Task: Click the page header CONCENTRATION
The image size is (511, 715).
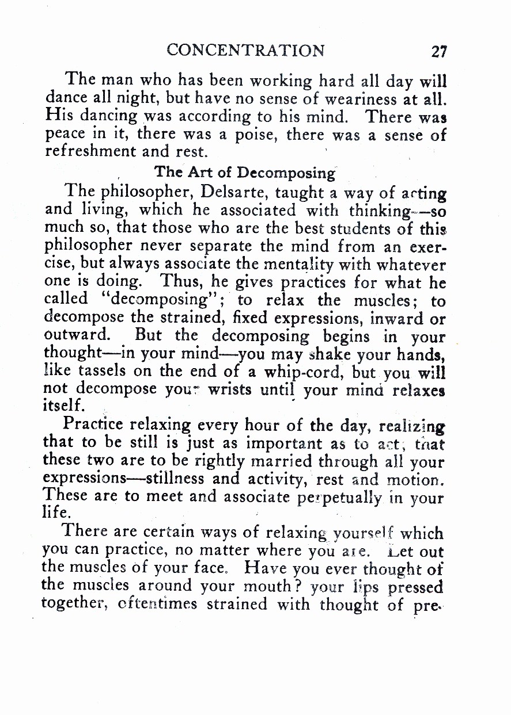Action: (x=245, y=50)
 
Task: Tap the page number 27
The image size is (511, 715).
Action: (x=439, y=51)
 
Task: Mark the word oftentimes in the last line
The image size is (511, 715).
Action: (x=154, y=605)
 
